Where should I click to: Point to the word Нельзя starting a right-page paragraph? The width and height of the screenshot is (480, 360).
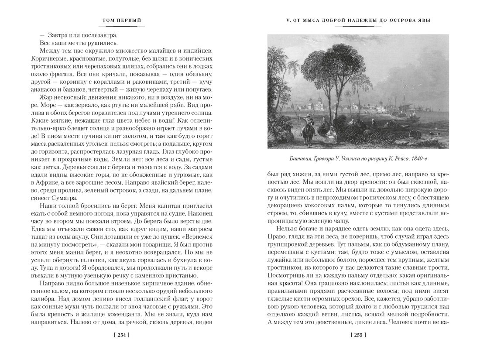tap(290, 229)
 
